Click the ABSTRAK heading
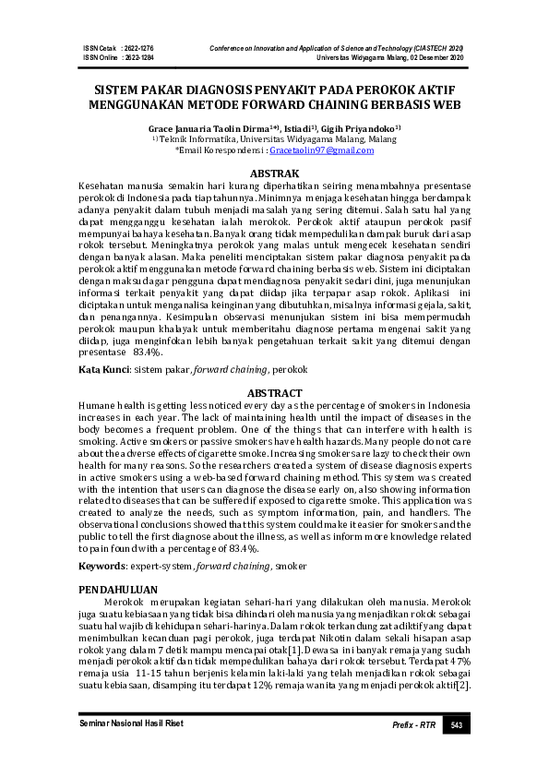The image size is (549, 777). click(275, 173)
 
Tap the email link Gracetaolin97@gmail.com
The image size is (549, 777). click(321, 149)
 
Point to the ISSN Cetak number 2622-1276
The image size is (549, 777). click(137, 46)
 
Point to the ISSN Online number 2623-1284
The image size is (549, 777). click(137, 56)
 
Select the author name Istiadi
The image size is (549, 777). click(295, 128)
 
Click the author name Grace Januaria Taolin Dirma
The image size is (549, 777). click(218, 128)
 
